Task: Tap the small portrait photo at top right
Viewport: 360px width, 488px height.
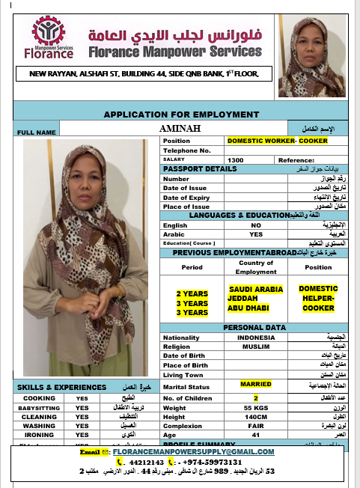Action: (x=311, y=56)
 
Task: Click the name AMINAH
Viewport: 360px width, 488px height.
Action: (x=181, y=129)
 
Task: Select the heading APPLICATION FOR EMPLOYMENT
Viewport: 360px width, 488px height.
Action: (x=180, y=115)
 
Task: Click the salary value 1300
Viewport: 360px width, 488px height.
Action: (x=236, y=159)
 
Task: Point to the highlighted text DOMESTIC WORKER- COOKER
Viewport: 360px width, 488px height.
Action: (x=272, y=141)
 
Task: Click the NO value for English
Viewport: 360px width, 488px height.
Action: (x=256, y=225)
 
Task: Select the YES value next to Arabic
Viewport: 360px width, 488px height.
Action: (x=256, y=234)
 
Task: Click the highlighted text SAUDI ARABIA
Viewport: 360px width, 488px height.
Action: (x=256, y=288)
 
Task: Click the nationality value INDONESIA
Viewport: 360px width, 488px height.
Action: (x=256, y=338)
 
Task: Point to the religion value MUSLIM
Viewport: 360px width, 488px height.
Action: (x=256, y=347)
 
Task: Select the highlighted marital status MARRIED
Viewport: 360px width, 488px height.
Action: (x=256, y=384)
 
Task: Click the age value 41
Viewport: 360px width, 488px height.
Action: (x=256, y=434)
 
